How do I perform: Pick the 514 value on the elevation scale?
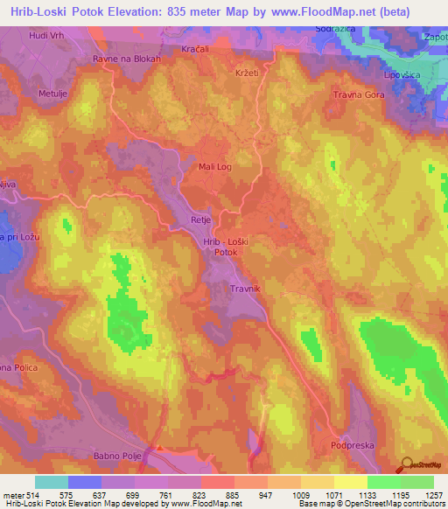pyautogui.click(x=26, y=494)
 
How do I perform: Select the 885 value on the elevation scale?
pyautogui.click(x=232, y=494)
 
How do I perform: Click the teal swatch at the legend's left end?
pyautogui.click(x=52, y=482)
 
